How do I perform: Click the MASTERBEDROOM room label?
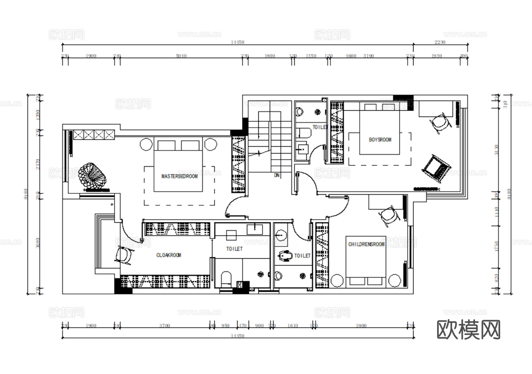[x=179, y=176]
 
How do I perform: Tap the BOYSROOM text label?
[x=380, y=140]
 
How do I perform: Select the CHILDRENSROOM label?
[x=366, y=244]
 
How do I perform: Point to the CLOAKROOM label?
[x=169, y=255]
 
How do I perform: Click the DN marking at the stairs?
[x=277, y=175]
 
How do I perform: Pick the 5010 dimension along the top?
[x=181, y=56]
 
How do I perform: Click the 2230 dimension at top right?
[x=440, y=42]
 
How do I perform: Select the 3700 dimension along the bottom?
[x=164, y=326]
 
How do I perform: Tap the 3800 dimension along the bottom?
[x=361, y=326]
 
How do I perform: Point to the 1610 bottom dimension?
[x=292, y=326]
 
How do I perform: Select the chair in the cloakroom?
[x=124, y=255]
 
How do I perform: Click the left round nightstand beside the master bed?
[x=146, y=144]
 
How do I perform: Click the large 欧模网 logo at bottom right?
[x=468, y=329]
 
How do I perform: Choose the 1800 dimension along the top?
[x=270, y=56]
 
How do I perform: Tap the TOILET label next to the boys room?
[x=320, y=127]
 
